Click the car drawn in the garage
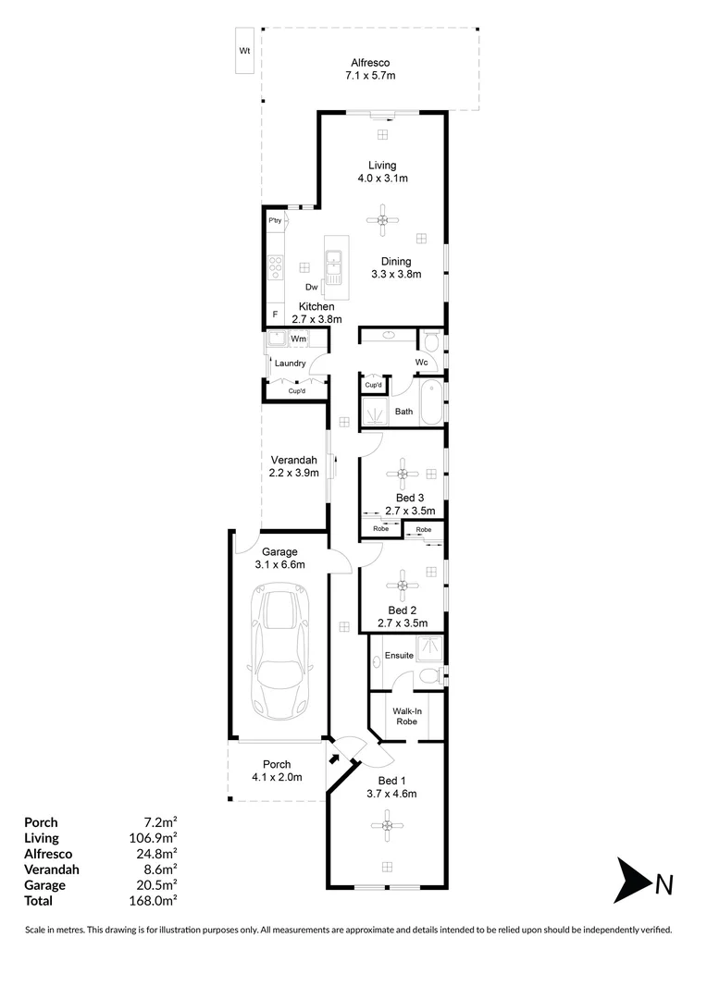pos(279,653)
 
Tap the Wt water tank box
pos(244,51)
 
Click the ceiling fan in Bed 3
pos(403,476)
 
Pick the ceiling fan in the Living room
pos(382,219)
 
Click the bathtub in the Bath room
pos(430,399)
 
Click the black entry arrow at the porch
pos(333,758)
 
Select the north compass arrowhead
pos(633,883)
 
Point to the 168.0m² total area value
pos(157,900)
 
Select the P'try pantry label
pos(274,221)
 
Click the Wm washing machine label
pos(298,339)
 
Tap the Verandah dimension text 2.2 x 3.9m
pos(294,473)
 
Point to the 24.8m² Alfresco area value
pos(158,853)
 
